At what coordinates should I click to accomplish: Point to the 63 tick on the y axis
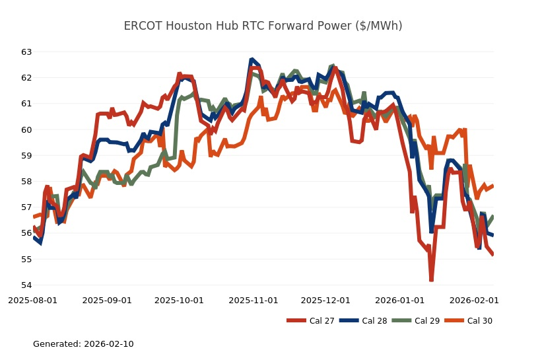point(26,52)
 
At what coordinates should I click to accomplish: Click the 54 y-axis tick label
point(26,285)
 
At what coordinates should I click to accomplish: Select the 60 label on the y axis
point(26,129)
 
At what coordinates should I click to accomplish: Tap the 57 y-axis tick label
point(26,207)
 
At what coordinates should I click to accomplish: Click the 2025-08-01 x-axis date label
point(33,300)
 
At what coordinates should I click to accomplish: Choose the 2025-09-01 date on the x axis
point(108,300)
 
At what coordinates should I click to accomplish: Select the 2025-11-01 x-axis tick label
point(253,300)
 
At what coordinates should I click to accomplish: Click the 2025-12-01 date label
point(325,300)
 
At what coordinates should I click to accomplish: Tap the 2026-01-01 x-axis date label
point(400,300)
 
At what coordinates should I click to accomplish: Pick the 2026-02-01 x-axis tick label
point(474,300)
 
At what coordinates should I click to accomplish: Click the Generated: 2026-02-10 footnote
point(83,344)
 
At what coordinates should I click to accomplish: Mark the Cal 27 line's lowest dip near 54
point(431,280)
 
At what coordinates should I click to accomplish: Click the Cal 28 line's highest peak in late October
point(252,59)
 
